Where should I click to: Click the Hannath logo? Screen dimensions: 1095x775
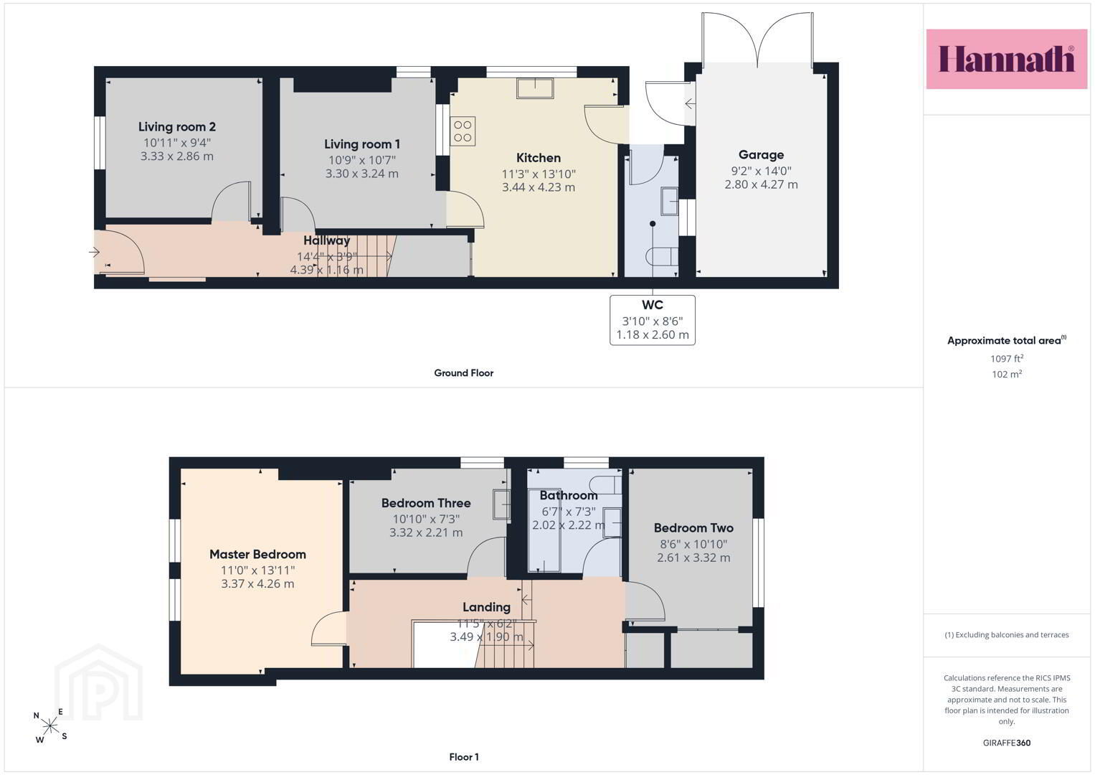pyautogui.click(x=1007, y=59)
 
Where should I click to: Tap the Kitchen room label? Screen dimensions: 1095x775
pyautogui.click(x=539, y=158)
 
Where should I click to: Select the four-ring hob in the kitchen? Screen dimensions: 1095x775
pyautogui.click(x=463, y=131)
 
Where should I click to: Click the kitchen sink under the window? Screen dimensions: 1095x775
pyautogui.click(x=535, y=88)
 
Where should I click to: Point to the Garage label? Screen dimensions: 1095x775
pyautogui.click(x=761, y=154)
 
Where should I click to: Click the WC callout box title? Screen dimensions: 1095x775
pyautogui.click(x=652, y=305)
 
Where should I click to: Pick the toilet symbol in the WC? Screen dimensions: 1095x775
pyautogui.click(x=662, y=256)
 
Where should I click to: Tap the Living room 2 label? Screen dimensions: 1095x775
pyautogui.click(x=177, y=127)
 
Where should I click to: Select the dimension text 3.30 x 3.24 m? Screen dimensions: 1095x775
pyautogui.click(x=361, y=173)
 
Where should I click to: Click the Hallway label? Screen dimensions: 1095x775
pyautogui.click(x=326, y=240)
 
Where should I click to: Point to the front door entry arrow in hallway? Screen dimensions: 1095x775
pyautogui.click(x=95, y=253)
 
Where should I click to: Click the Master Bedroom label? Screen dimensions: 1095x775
pyautogui.click(x=257, y=554)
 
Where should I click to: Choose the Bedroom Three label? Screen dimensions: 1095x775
pyautogui.click(x=426, y=503)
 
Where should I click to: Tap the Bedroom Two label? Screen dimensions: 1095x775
pyautogui.click(x=693, y=528)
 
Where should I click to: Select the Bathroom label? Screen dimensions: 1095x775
pyautogui.click(x=569, y=495)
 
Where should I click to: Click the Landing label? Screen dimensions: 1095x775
pyautogui.click(x=486, y=607)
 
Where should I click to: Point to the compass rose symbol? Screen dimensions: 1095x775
pyautogui.click(x=50, y=725)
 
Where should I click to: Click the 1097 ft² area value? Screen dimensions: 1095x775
pyautogui.click(x=1007, y=358)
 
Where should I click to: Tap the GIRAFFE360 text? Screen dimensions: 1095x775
pyautogui.click(x=1007, y=743)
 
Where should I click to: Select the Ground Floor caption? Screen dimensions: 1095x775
pyautogui.click(x=464, y=373)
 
